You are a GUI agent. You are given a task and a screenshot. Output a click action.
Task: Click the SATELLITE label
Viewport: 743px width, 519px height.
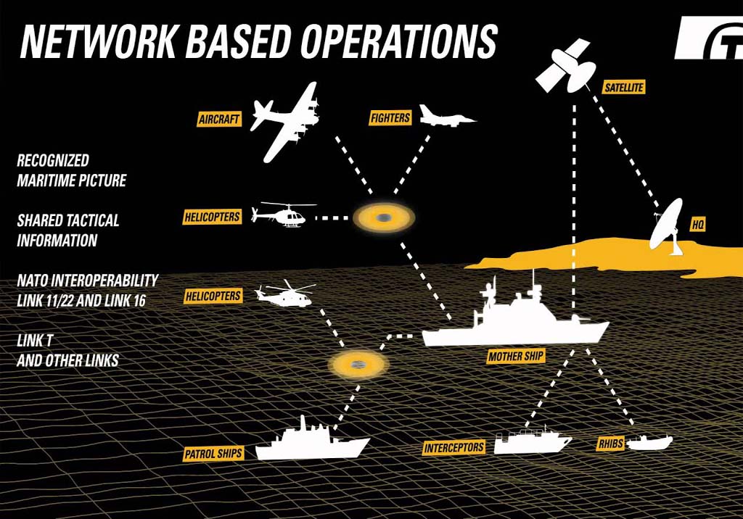pos(623,88)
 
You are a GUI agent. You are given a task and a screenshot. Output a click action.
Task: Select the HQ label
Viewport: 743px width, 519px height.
pos(697,225)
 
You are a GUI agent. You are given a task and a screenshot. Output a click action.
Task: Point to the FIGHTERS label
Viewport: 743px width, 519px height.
pos(390,117)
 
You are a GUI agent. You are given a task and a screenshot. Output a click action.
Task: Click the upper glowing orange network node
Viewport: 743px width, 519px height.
pos(383,217)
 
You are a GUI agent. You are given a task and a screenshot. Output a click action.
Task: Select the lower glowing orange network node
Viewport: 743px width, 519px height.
pos(357,365)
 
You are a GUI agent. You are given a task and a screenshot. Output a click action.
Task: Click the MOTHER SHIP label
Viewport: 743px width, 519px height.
pos(516,357)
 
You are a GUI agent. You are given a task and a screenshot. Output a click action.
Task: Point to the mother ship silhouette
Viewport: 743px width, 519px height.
pos(515,323)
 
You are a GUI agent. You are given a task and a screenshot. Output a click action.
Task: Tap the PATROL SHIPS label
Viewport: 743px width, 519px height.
pos(213,454)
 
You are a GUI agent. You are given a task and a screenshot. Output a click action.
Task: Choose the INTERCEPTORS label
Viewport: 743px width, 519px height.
pos(454,447)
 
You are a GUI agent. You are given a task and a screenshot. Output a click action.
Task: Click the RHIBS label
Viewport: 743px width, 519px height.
pos(609,444)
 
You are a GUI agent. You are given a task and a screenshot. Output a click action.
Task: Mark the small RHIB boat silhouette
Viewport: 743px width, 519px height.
pos(649,441)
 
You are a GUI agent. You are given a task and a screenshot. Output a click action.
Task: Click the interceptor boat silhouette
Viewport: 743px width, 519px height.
pos(532,441)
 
